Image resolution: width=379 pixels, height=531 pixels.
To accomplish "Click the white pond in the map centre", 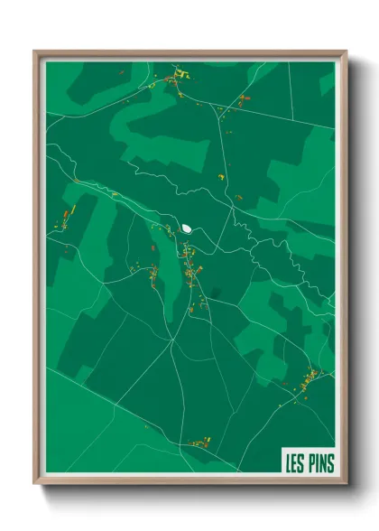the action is click(x=187, y=228).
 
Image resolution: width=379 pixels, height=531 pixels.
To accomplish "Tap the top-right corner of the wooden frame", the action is click(x=346, y=52).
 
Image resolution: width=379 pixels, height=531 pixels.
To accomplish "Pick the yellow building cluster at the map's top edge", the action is click(x=177, y=73).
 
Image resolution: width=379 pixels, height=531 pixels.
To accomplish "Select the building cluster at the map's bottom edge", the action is click(x=199, y=442).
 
